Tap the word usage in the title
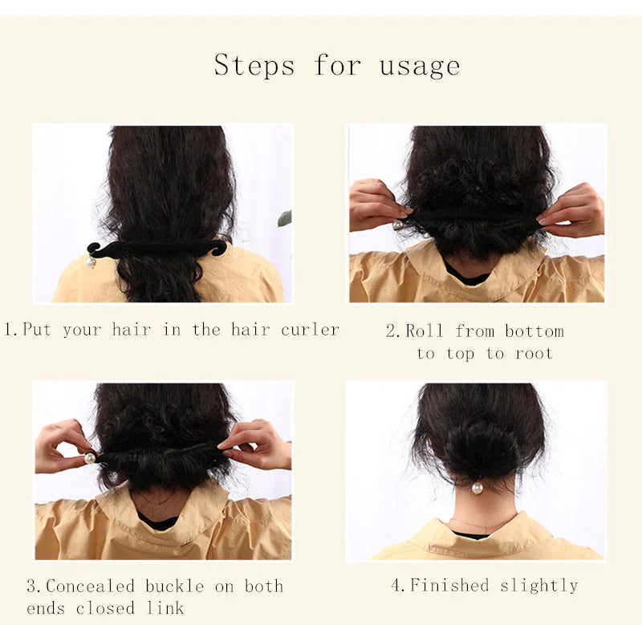[420, 65]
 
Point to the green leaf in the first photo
[285, 218]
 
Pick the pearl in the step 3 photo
[90, 457]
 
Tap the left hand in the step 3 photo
[62, 445]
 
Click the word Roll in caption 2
[425, 331]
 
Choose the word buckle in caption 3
[175, 586]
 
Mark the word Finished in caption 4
[450, 586]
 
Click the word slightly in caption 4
[538, 586]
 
